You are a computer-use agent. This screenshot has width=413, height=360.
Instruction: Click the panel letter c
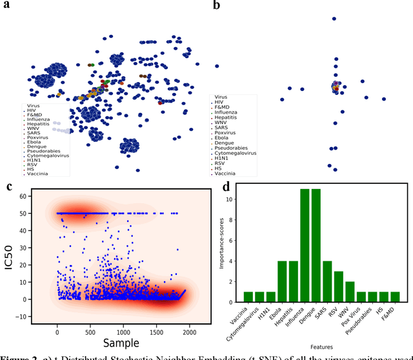[9, 187]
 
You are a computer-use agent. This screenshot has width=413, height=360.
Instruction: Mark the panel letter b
[216, 6]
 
